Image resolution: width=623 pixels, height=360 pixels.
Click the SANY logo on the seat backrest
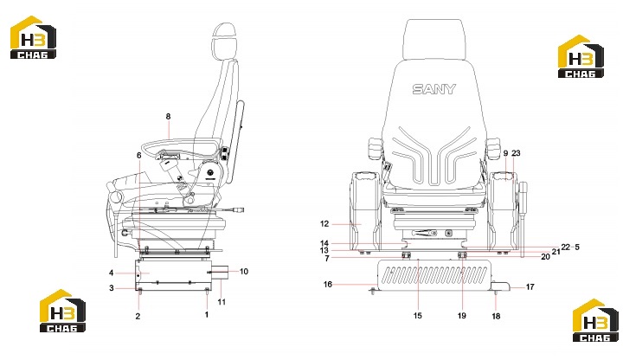[434, 89]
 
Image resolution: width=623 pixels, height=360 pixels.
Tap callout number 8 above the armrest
[168, 117]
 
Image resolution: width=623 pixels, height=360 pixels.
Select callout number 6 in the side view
[138, 155]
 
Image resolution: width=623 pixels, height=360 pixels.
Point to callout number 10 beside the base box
[243, 272]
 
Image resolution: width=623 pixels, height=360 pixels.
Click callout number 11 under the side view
[222, 302]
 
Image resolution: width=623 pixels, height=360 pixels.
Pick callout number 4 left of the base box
[112, 273]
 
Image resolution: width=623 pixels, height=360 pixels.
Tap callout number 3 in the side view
[112, 288]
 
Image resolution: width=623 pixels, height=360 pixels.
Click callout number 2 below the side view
[138, 316]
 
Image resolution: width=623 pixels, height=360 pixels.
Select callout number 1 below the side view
[207, 315]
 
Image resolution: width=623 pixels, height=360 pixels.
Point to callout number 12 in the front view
[324, 224]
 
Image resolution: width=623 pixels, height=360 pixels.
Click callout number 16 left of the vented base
[327, 285]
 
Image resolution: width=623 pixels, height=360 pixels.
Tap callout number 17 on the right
[530, 287]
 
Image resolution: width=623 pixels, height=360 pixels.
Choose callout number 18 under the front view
[496, 316]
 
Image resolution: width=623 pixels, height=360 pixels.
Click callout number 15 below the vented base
[417, 316]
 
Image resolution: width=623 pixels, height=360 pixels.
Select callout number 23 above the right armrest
[516, 153]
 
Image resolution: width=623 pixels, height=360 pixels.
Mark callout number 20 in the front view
[545, 257]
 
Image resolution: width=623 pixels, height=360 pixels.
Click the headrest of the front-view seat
[434, 40]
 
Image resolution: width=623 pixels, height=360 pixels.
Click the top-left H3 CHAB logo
[33, 37]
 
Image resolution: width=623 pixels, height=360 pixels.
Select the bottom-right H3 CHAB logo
[595, 320]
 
